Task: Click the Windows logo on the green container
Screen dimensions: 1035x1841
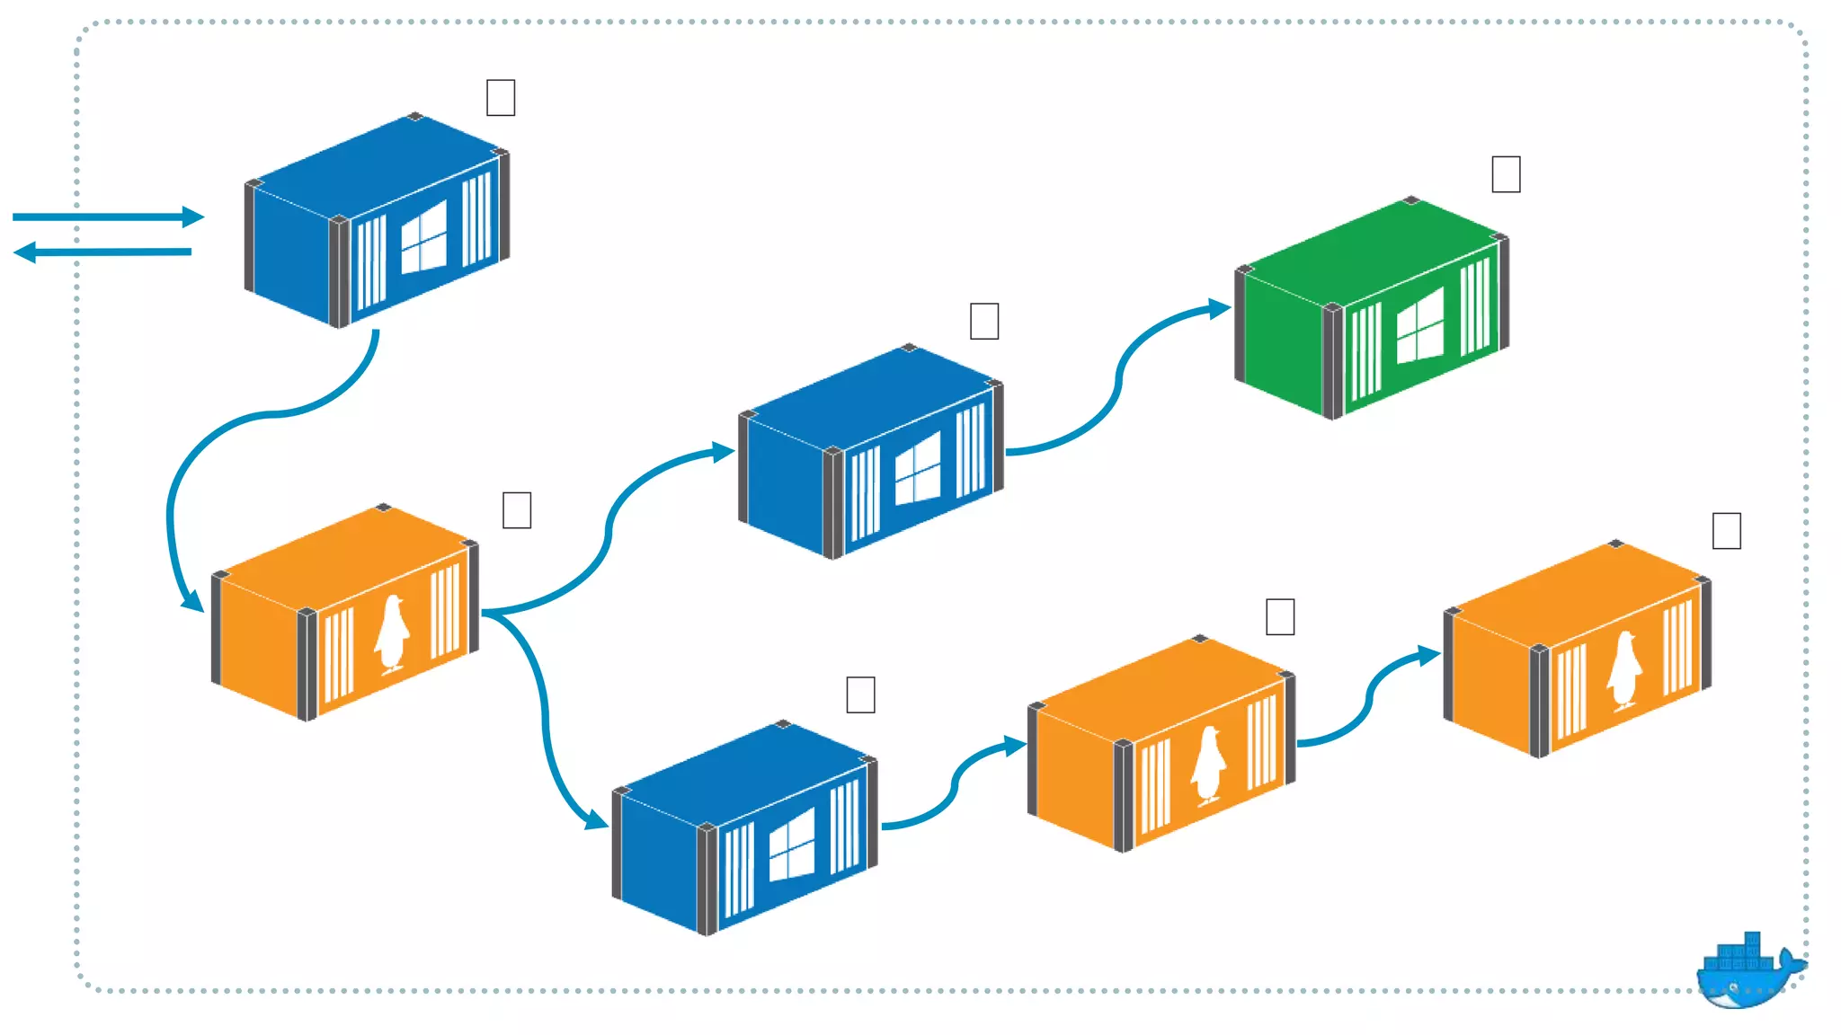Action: pos(1420,325)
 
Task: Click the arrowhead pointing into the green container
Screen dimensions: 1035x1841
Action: pos(1219,309)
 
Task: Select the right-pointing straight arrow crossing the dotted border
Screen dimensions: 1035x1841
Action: pos(108,217)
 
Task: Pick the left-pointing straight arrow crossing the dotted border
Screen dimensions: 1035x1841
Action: pos(103,252)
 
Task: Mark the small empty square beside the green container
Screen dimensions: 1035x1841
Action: pos(1506,174)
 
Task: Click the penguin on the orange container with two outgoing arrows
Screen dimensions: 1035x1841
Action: pos(391,633)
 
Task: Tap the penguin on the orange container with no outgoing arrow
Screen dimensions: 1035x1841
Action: pos(1623,669)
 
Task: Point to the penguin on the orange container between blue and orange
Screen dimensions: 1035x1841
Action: pos(1208,765)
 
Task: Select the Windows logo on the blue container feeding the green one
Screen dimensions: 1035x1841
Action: pos(918,468)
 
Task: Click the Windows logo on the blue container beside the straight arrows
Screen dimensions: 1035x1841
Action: pos(423,237)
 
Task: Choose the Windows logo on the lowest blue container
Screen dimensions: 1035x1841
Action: pos(792,845)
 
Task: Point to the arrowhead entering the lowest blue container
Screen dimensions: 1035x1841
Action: pos(595,819)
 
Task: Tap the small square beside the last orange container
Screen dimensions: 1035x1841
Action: pos(1726,531)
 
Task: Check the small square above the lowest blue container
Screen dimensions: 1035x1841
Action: pos(860,694)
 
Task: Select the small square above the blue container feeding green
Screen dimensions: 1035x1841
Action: pos(984,321)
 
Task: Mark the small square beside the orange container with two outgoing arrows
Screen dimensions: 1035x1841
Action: pos(517,510)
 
